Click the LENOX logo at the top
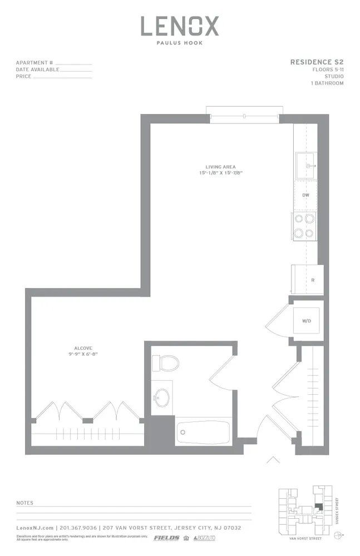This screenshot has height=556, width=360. (x=179, y=26)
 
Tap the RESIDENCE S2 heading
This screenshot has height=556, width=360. (x=317, y=62)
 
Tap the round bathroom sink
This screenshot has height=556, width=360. (x=162, y=398)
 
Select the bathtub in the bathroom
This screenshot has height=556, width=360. (x=203, y=431)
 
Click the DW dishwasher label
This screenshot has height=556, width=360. (x=305, y=196)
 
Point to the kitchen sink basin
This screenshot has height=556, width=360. (x=305, y=165)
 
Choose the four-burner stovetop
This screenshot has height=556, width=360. (x=304, y=226)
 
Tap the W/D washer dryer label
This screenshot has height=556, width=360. (x=306, y=321)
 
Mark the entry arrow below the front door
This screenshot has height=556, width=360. (x=272, y=460)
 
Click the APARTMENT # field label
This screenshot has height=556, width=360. (x=34, y=63)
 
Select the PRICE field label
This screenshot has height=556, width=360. (x=24, y=77)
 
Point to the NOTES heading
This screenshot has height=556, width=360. (x=25, y=503)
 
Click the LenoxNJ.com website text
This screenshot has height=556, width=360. (x=35, y=528)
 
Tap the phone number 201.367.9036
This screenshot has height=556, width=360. (x=78, y=528)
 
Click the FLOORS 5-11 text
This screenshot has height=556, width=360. (x=328, y=69)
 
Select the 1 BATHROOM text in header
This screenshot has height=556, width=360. (x=327, y=83)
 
